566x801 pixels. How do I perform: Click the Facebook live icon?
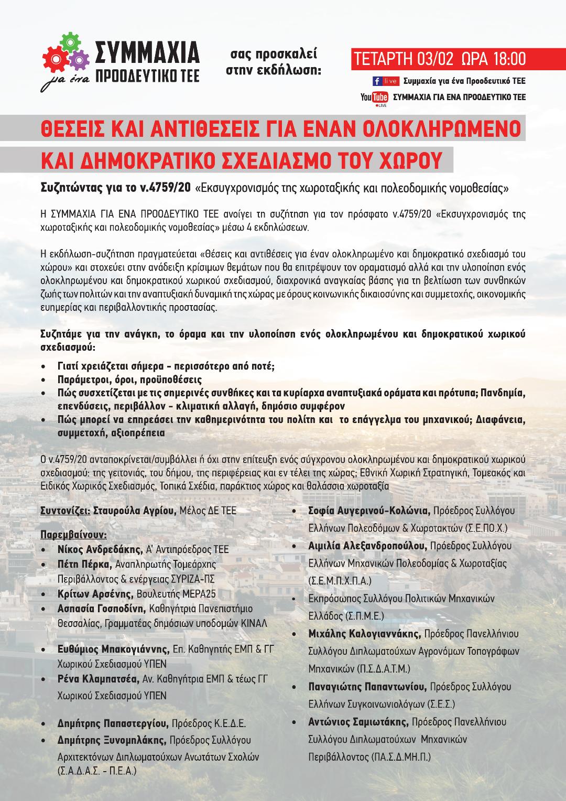(385, 81)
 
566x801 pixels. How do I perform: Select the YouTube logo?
(374, 97)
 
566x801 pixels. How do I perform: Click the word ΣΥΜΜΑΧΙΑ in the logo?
(147, 52)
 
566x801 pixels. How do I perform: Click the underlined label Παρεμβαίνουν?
(73, 535)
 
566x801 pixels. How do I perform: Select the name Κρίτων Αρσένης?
(95, 594)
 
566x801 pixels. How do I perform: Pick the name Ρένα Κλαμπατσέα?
(99, 680)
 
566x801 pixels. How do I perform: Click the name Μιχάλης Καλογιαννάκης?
(364, 634)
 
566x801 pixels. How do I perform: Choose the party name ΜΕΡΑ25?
(197, 594)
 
